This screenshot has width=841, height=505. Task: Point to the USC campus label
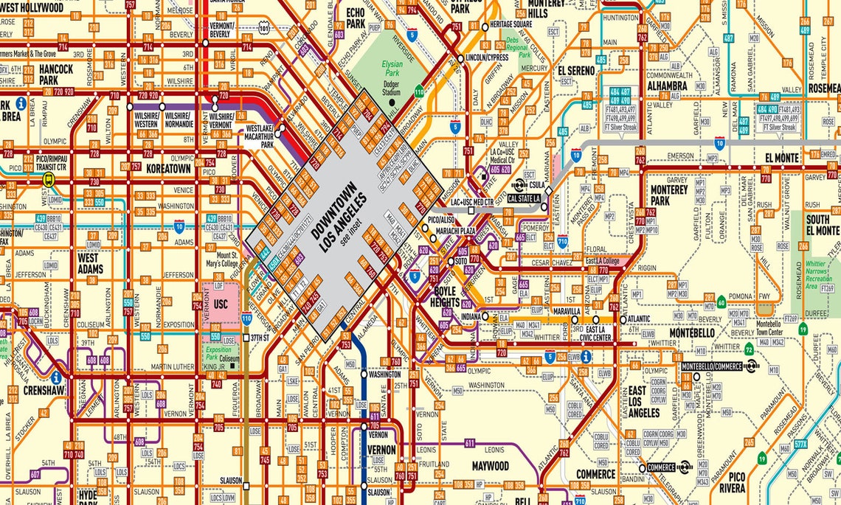point(221,304)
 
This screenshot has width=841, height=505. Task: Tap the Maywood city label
point(490,466)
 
